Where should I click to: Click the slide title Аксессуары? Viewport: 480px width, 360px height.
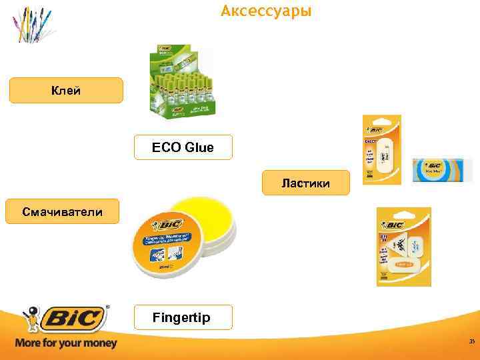coord(266,11)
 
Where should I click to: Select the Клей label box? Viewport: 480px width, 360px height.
coord(66,91)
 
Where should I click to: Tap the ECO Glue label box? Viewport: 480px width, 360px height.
coord(183,147)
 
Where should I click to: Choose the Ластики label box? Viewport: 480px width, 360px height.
coord(305,183)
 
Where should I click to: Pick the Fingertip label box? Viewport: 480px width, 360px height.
coord(183,317)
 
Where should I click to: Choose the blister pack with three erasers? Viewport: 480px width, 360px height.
coord(403,245)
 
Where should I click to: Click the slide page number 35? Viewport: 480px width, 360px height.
coord(471,342)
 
